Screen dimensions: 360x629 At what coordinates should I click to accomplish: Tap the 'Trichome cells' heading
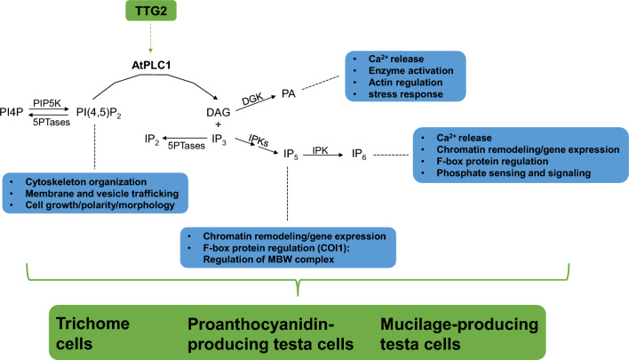click(87, 332)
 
